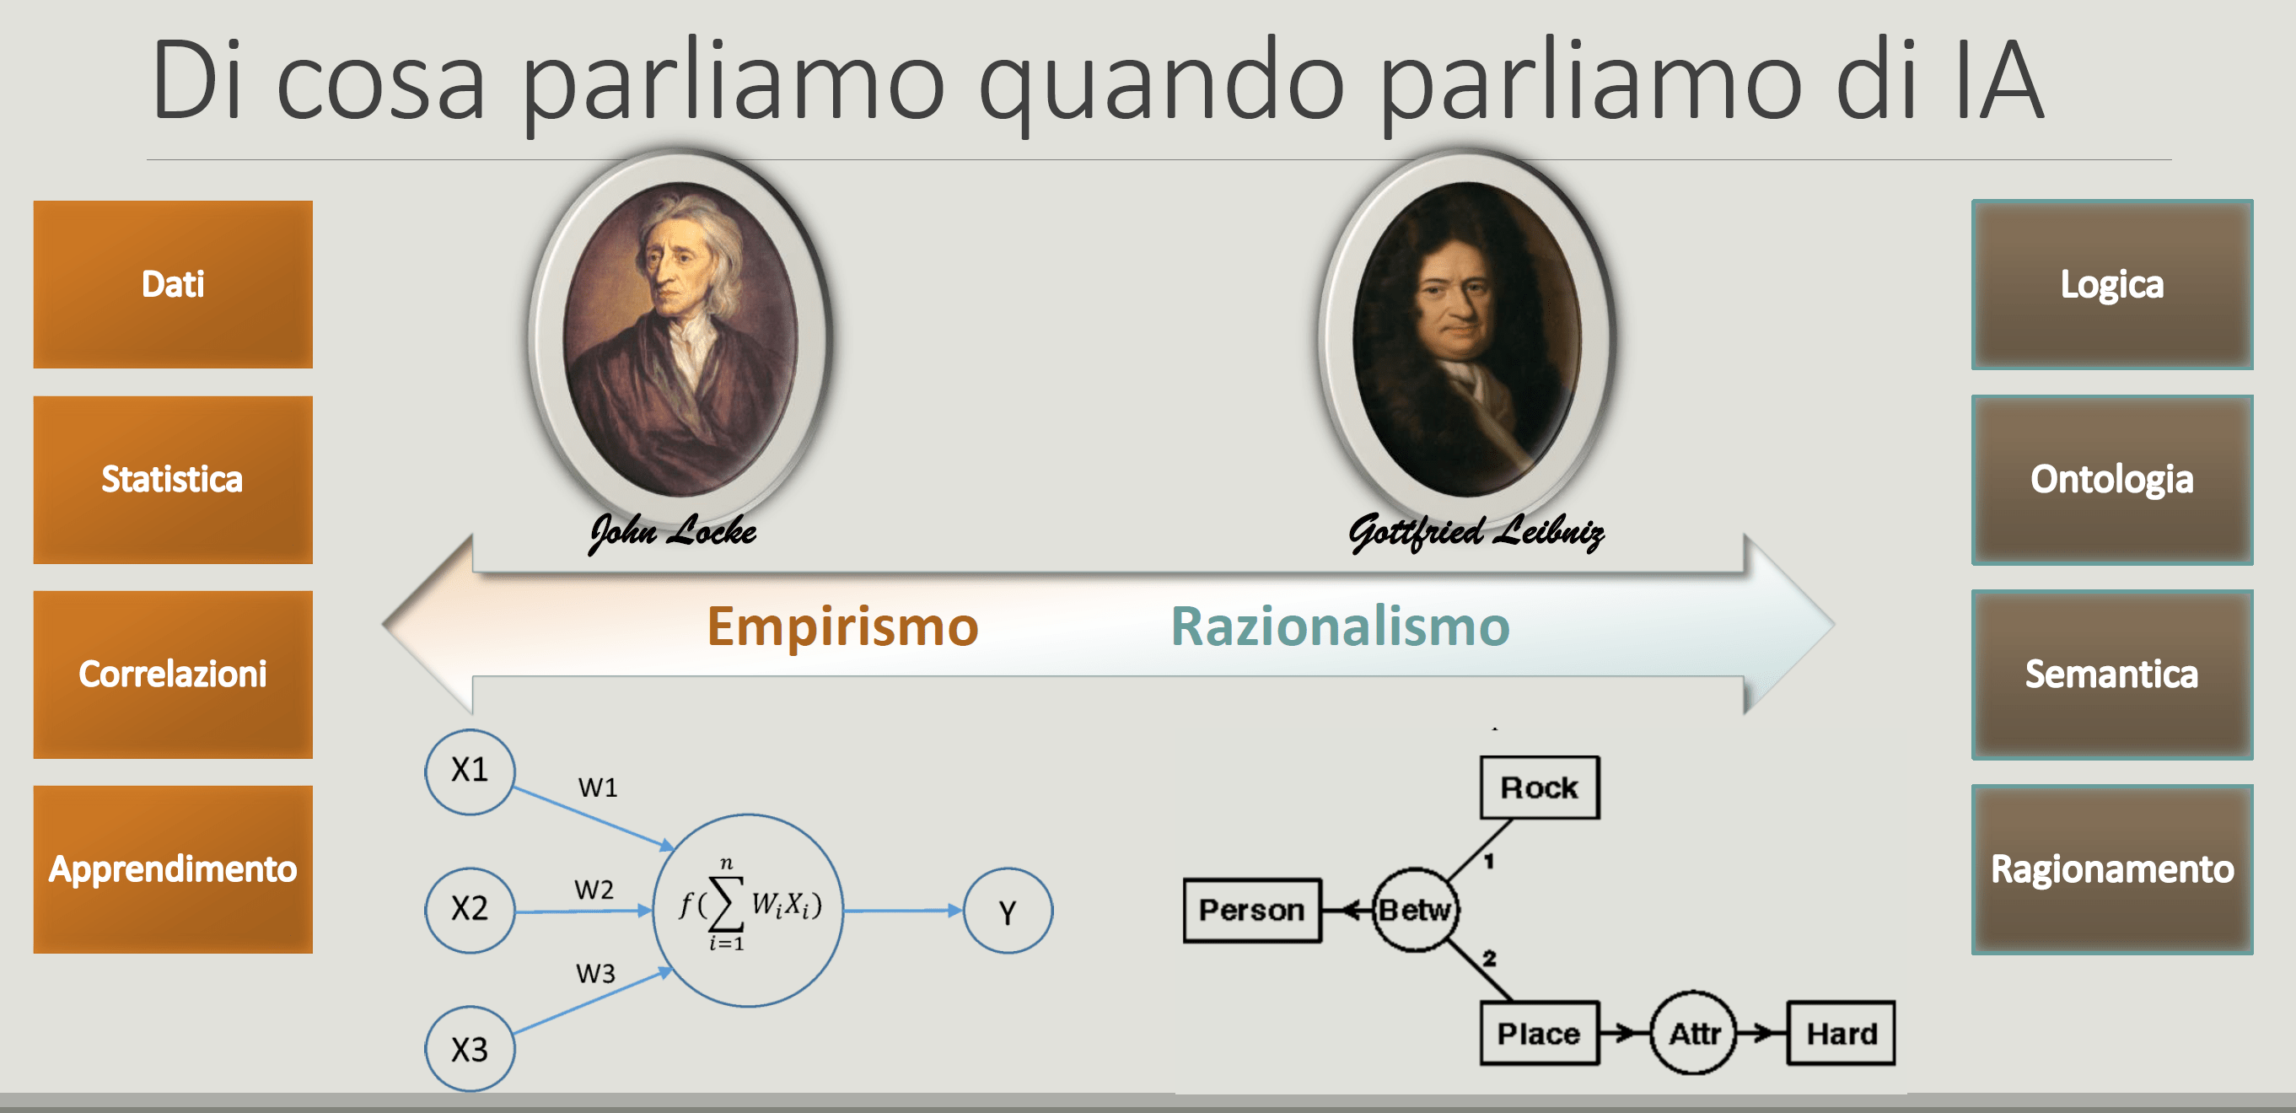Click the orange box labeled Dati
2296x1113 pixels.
coord(173,284)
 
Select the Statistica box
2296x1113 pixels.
coord(173,480)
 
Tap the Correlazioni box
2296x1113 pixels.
coord(173,675)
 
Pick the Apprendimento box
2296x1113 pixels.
coord(173,868)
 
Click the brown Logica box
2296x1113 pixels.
coord(2111,284)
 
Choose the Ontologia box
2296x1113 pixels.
coord(2111,480)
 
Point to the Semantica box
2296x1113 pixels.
coord(2111,675)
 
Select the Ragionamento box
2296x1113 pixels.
coord(2111,868)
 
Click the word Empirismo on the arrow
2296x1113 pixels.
coord(842,626)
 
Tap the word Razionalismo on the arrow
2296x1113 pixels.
coord(1340,626)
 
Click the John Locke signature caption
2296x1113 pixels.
coord(673,532)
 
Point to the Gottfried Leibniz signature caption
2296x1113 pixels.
coord(1476,532)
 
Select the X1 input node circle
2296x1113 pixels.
coord(470,771)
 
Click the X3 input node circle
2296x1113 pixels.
coord(470,1049)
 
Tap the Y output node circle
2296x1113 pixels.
coord(1008,911)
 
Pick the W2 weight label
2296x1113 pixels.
coord(594,890)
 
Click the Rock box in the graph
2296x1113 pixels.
coord(1540,788)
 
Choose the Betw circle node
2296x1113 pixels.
coord(1416,910)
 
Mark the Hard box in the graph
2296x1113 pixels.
coord(1842,1034)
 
